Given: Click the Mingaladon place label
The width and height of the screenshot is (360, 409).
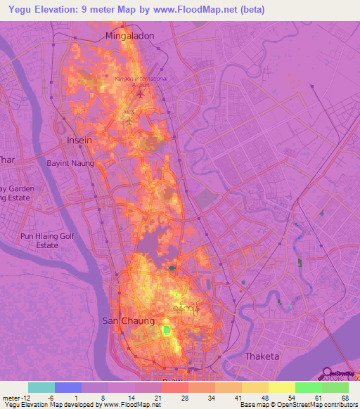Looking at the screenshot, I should click(129, 34).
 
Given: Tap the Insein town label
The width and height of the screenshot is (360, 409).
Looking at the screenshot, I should click(79, 140).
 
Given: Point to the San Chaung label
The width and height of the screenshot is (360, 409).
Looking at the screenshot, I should click(129, 320).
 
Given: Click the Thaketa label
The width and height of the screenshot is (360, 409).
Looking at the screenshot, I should click(262, 356).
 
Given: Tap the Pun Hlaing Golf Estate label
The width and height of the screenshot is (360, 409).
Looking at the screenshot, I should click(47, 241).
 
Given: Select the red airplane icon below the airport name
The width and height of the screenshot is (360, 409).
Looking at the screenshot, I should click(141, 93).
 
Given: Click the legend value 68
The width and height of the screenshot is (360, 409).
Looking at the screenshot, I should click(345, 397).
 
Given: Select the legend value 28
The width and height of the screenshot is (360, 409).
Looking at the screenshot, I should click(185, 397).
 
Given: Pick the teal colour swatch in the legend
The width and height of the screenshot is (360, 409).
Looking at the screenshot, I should click(41, 387).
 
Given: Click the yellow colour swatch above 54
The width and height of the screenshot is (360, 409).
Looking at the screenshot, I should click(281, 387).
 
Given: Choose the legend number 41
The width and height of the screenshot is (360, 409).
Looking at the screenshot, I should click(238, 397).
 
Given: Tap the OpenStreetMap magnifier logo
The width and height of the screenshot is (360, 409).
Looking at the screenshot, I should click(328, 374).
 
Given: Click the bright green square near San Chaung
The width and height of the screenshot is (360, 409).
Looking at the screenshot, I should click(167, 330).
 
